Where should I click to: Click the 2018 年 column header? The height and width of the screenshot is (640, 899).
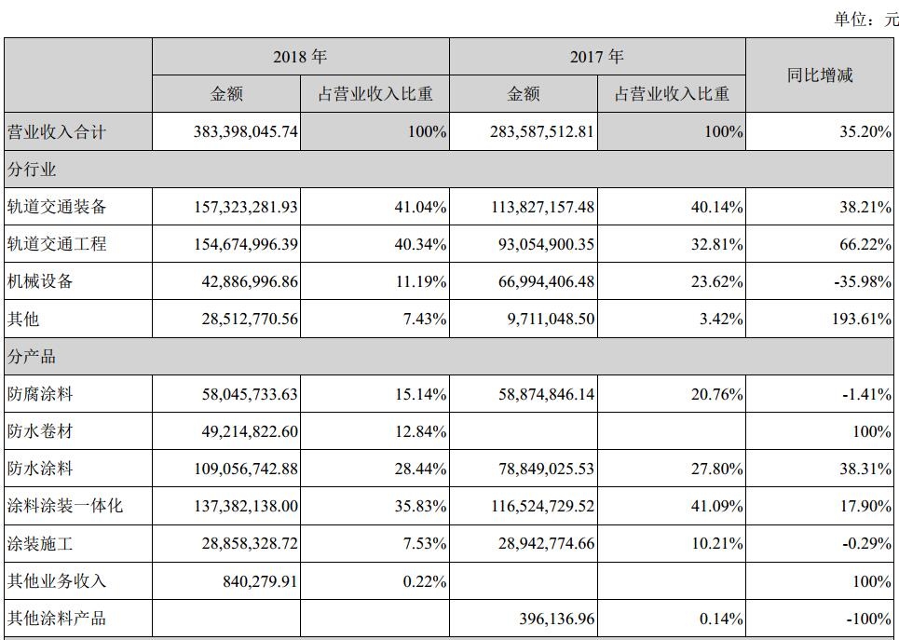pos(300,58)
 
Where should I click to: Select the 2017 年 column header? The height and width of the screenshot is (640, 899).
pos(597,58)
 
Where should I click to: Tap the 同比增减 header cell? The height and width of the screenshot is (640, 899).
pos(820,75)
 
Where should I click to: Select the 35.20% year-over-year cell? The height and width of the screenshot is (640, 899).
pos(864,132)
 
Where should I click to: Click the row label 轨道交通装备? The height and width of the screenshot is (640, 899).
pos(58,207)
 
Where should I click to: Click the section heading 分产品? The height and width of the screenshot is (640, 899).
pos(32,357)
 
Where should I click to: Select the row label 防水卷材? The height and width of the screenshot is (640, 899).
pos(41,431)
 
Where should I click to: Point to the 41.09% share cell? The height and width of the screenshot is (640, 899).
pos(717,507)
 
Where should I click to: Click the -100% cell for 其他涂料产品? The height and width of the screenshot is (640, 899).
pos(867,619)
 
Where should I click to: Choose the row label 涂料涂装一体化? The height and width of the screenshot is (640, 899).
pos(65,507)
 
